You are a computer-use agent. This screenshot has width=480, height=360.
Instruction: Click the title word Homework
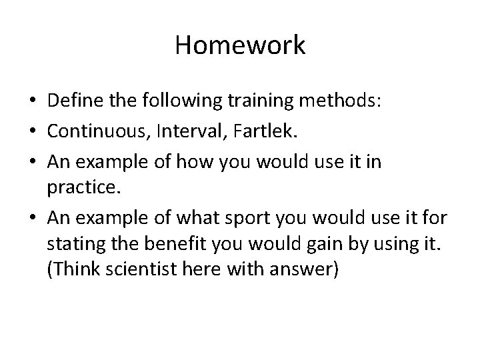[x=240, y=46]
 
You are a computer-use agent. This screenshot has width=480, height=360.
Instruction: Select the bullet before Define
[x=32, y=101]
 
